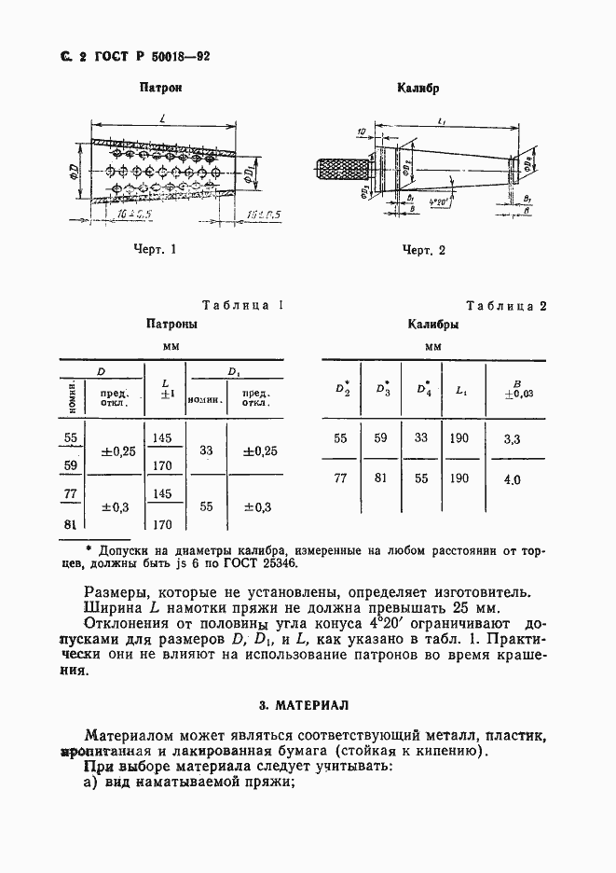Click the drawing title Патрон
159,90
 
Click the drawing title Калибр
418,90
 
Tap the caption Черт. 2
423,250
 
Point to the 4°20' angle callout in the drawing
435,201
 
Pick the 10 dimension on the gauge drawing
360,134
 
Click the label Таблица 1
241,305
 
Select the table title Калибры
432,326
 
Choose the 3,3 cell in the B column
513,437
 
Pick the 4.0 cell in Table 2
513,480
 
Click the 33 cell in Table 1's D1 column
206,451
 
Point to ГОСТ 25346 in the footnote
270,563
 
